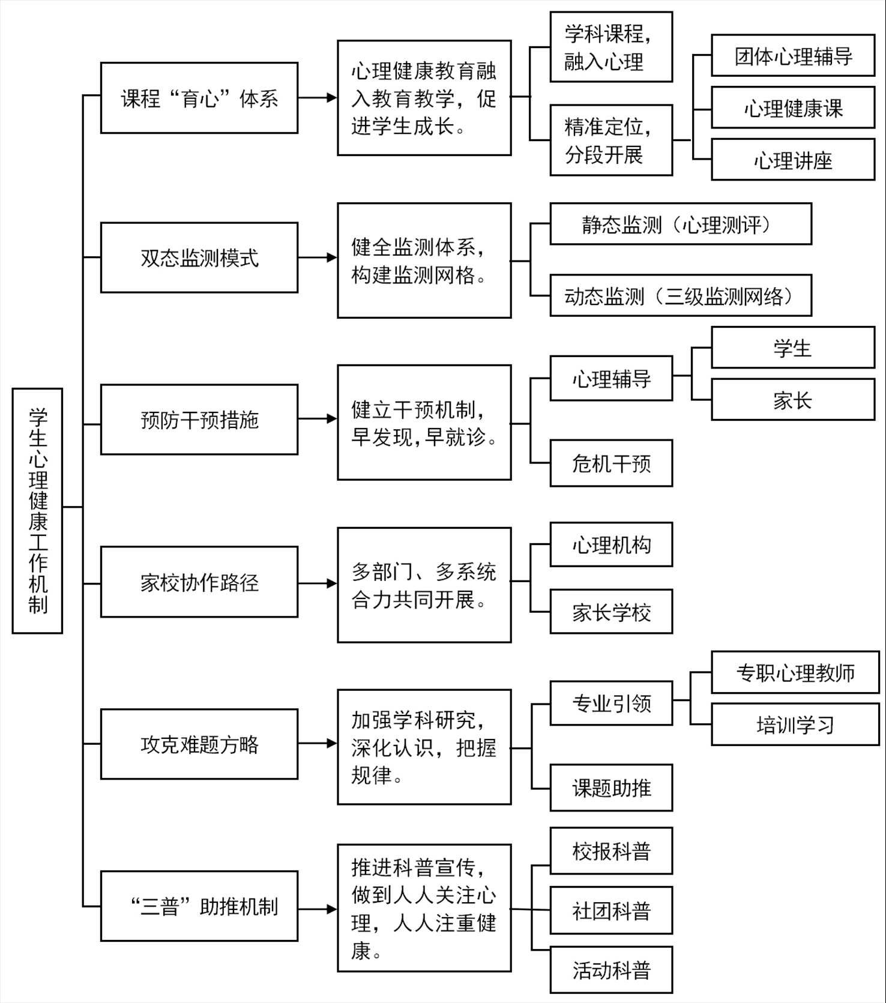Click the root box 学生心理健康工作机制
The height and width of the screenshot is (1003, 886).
tap(37, 511)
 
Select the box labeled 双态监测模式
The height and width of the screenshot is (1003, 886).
tap(199, 258)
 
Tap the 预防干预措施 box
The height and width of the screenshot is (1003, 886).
tap(199, 420)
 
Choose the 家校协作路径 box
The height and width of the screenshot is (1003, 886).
tap(199, 582)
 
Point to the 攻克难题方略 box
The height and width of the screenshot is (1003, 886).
tap(199, 744)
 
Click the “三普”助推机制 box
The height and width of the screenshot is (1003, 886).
tap(199, 906)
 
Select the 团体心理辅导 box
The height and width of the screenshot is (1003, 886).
tap(793, 56)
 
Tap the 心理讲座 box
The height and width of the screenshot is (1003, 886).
tap(793, 160)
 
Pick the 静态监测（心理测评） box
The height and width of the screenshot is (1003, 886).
tap(681, 224)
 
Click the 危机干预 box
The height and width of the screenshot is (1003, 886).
tap(611, 463)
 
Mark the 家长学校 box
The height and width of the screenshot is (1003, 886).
tap(611, 612)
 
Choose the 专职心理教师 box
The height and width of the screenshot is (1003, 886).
tap(795, 672)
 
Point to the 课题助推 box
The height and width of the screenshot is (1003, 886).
tap(611, 788)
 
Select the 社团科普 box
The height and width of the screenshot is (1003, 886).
tap(611, 910)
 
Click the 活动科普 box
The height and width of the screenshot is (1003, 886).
tap(611, 970)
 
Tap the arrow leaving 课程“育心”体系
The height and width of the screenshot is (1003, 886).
tap(318, 97)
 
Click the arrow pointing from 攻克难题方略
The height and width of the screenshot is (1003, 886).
tap(318, 744)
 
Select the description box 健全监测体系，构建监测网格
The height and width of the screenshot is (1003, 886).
tap(424, 261)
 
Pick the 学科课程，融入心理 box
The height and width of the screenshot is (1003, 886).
tap(611, 47)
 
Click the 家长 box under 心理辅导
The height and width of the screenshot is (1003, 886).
tap(793, 399)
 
